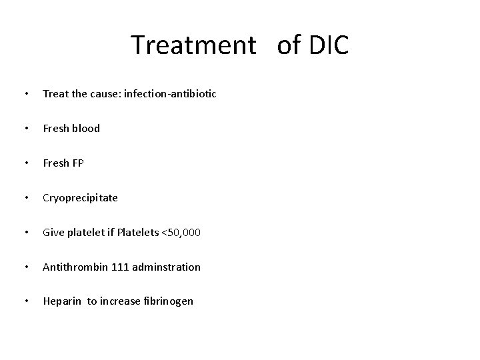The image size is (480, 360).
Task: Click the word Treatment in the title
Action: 193,45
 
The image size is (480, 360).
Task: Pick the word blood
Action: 86,129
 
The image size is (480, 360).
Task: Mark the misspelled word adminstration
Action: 166,267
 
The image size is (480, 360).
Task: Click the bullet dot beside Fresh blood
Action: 25,129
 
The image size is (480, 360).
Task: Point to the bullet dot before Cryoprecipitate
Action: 25,198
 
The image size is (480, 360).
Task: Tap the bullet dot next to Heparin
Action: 25,301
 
